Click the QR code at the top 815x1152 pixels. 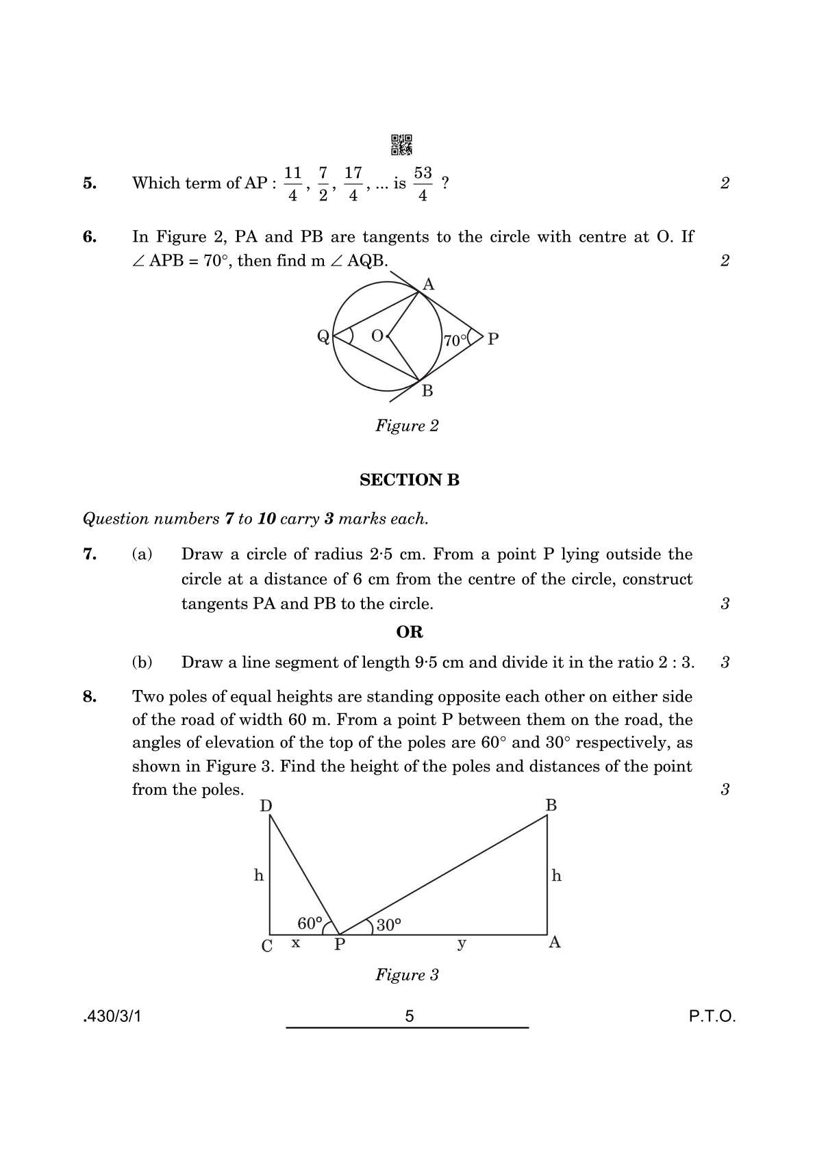(x=401, y=144)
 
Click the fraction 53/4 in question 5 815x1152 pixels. (x=423, y=183)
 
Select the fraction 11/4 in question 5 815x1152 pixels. (x=292, y=183)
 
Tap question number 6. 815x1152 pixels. (x=90, y=237)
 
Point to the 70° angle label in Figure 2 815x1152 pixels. (x=455, y=340)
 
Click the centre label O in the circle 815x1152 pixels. (x=377, y=336)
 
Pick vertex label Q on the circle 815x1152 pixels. (x=323, y=337)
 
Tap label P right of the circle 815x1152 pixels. (x=493, y=339)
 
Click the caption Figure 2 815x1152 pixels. (x=407, y=426)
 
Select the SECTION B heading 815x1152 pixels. (x=409, y=480)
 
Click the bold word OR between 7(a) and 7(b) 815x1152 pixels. (x=409, y=632)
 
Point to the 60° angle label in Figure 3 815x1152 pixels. (x=310, y=923)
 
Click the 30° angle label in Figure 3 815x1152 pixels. (x=388, y=925)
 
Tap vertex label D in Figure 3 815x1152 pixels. (x=266, y=806)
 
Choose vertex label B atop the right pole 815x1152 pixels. (x=551, y=806)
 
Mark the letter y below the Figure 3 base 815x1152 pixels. (x=462, y=944)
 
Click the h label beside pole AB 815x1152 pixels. (x=557, y=875)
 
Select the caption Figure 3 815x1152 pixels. (x=407, y=975)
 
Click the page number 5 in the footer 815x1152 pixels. (x=409, y=1016)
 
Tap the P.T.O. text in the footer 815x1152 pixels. (x=712, y=1016)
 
